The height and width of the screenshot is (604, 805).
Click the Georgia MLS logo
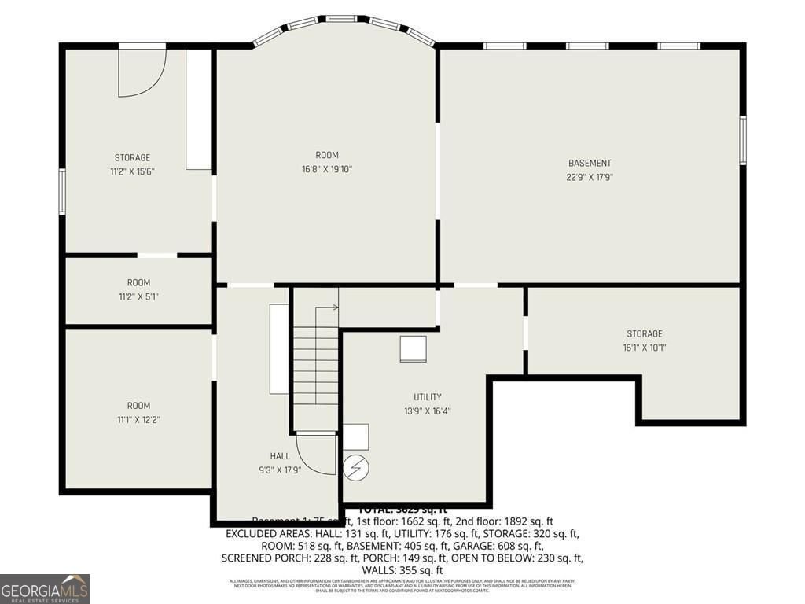[45, 589]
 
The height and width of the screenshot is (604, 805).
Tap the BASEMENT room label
[590, 164]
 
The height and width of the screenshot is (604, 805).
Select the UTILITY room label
[428, 397]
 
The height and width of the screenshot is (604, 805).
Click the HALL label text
[280, 456]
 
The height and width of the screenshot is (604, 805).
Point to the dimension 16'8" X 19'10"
[327, 169]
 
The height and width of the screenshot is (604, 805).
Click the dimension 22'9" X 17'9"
[590, 178]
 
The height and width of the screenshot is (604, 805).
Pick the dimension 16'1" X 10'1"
[645, 348]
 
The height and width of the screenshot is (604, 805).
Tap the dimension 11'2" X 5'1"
[138, 296]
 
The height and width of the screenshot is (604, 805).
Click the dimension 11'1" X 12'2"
[138, 420]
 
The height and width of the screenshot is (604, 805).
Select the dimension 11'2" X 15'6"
[132, 171]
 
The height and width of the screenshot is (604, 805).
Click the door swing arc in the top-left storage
[145, 75]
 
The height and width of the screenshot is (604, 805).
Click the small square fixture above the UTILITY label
[413, 349]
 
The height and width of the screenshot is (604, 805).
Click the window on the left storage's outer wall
[62, 191]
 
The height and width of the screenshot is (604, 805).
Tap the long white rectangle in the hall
[279, 348]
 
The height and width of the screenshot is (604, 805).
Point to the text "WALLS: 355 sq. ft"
[402, 570]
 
